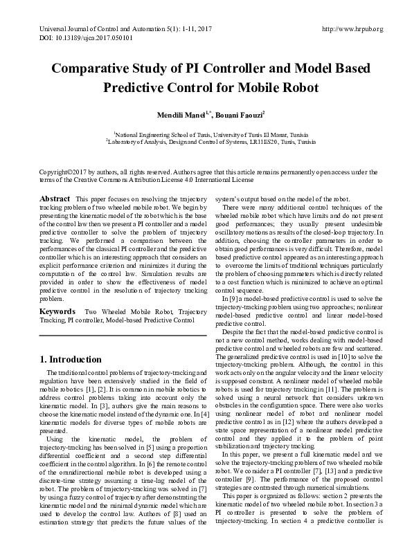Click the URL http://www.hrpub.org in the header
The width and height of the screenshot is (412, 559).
(x=353, y=29)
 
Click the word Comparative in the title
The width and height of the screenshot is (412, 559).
(x=91, y=69)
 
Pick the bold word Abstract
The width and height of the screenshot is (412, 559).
(x=55, y=199)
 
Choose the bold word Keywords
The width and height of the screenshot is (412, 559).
(x=57, y=313)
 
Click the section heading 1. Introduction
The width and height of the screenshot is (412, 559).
(x=71, y=360)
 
